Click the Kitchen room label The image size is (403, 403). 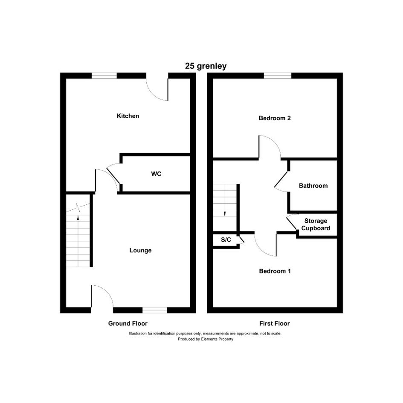[128, 116]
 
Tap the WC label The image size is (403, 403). [156, 174]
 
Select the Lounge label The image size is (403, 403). [140, 250]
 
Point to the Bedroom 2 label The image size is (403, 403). [275, 118]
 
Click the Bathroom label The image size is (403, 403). [313, 186]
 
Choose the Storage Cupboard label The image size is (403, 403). [316, 225]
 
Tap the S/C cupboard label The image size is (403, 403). [226, 240]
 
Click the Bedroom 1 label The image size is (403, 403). [275, 271]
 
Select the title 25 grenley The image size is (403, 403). [206, 66]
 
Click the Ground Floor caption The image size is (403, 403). [128, 323]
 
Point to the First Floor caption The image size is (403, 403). [275, 323]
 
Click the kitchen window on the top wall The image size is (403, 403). [104, 75]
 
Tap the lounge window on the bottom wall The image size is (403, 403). [154, 310]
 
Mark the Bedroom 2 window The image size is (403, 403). [278, 75]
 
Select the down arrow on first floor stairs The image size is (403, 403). [225, 214]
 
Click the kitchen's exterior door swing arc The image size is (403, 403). [153, 94]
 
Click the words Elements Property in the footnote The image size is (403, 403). [217, 339]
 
